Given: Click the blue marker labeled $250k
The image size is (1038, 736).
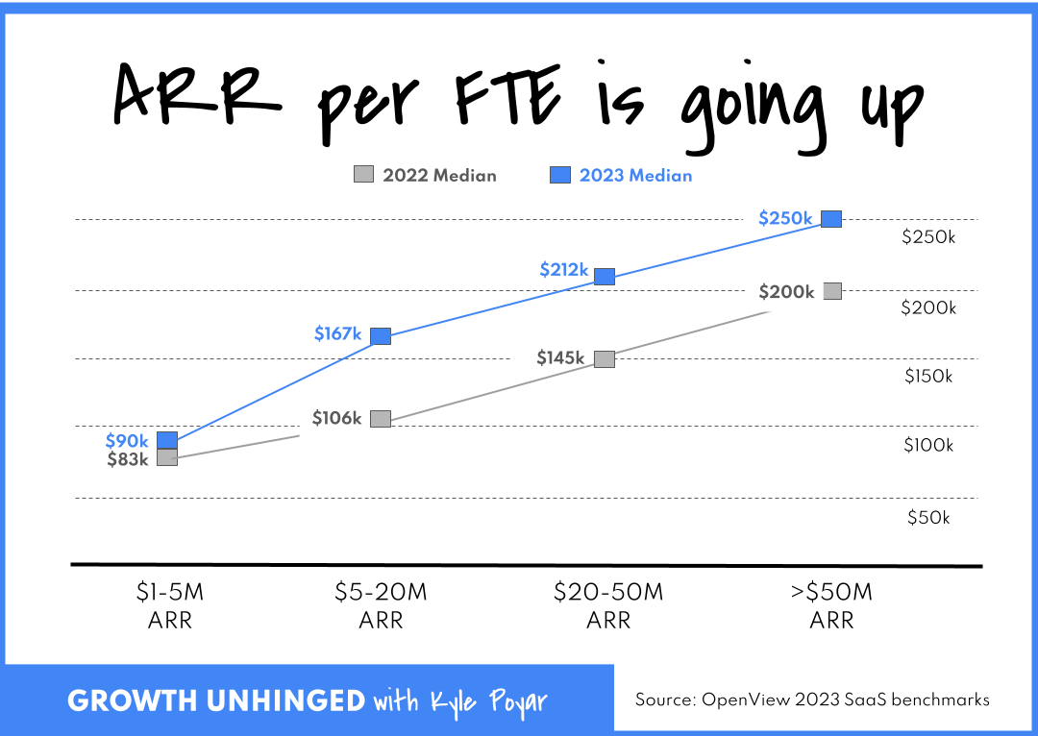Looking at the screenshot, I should (x=831, y=218).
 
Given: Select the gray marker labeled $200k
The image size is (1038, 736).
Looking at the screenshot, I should (x=832, y=291).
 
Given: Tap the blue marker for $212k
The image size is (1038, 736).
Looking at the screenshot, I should (x=605, y=276).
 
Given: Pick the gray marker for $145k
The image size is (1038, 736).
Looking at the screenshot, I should (x=604, y=358).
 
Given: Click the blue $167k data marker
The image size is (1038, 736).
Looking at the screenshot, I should (x=381, y=335).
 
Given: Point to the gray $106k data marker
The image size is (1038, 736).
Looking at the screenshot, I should (x=381, y=418).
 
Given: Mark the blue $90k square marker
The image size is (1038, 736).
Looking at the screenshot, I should (x=167, y=440).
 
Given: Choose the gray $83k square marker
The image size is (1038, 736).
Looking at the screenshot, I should (x=167, y=457).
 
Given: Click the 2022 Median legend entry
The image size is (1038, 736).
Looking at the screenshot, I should (x=426, y=175).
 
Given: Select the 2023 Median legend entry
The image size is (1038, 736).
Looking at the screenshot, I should (x=621, y=175).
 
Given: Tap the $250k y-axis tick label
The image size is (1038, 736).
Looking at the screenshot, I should (x=927, y=237).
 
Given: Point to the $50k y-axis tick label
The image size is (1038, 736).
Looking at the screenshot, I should (x=928, y=518).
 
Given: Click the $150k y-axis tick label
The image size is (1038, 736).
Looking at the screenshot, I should (x=928, y=377).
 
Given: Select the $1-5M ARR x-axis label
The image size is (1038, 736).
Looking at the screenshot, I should (x=170, y=606).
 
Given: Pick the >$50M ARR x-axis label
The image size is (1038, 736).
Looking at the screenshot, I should (x=831, y=606).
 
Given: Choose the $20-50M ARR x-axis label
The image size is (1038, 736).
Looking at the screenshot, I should (x=608, y=606).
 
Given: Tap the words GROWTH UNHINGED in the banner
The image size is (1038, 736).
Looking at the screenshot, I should (x=216, y=700).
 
